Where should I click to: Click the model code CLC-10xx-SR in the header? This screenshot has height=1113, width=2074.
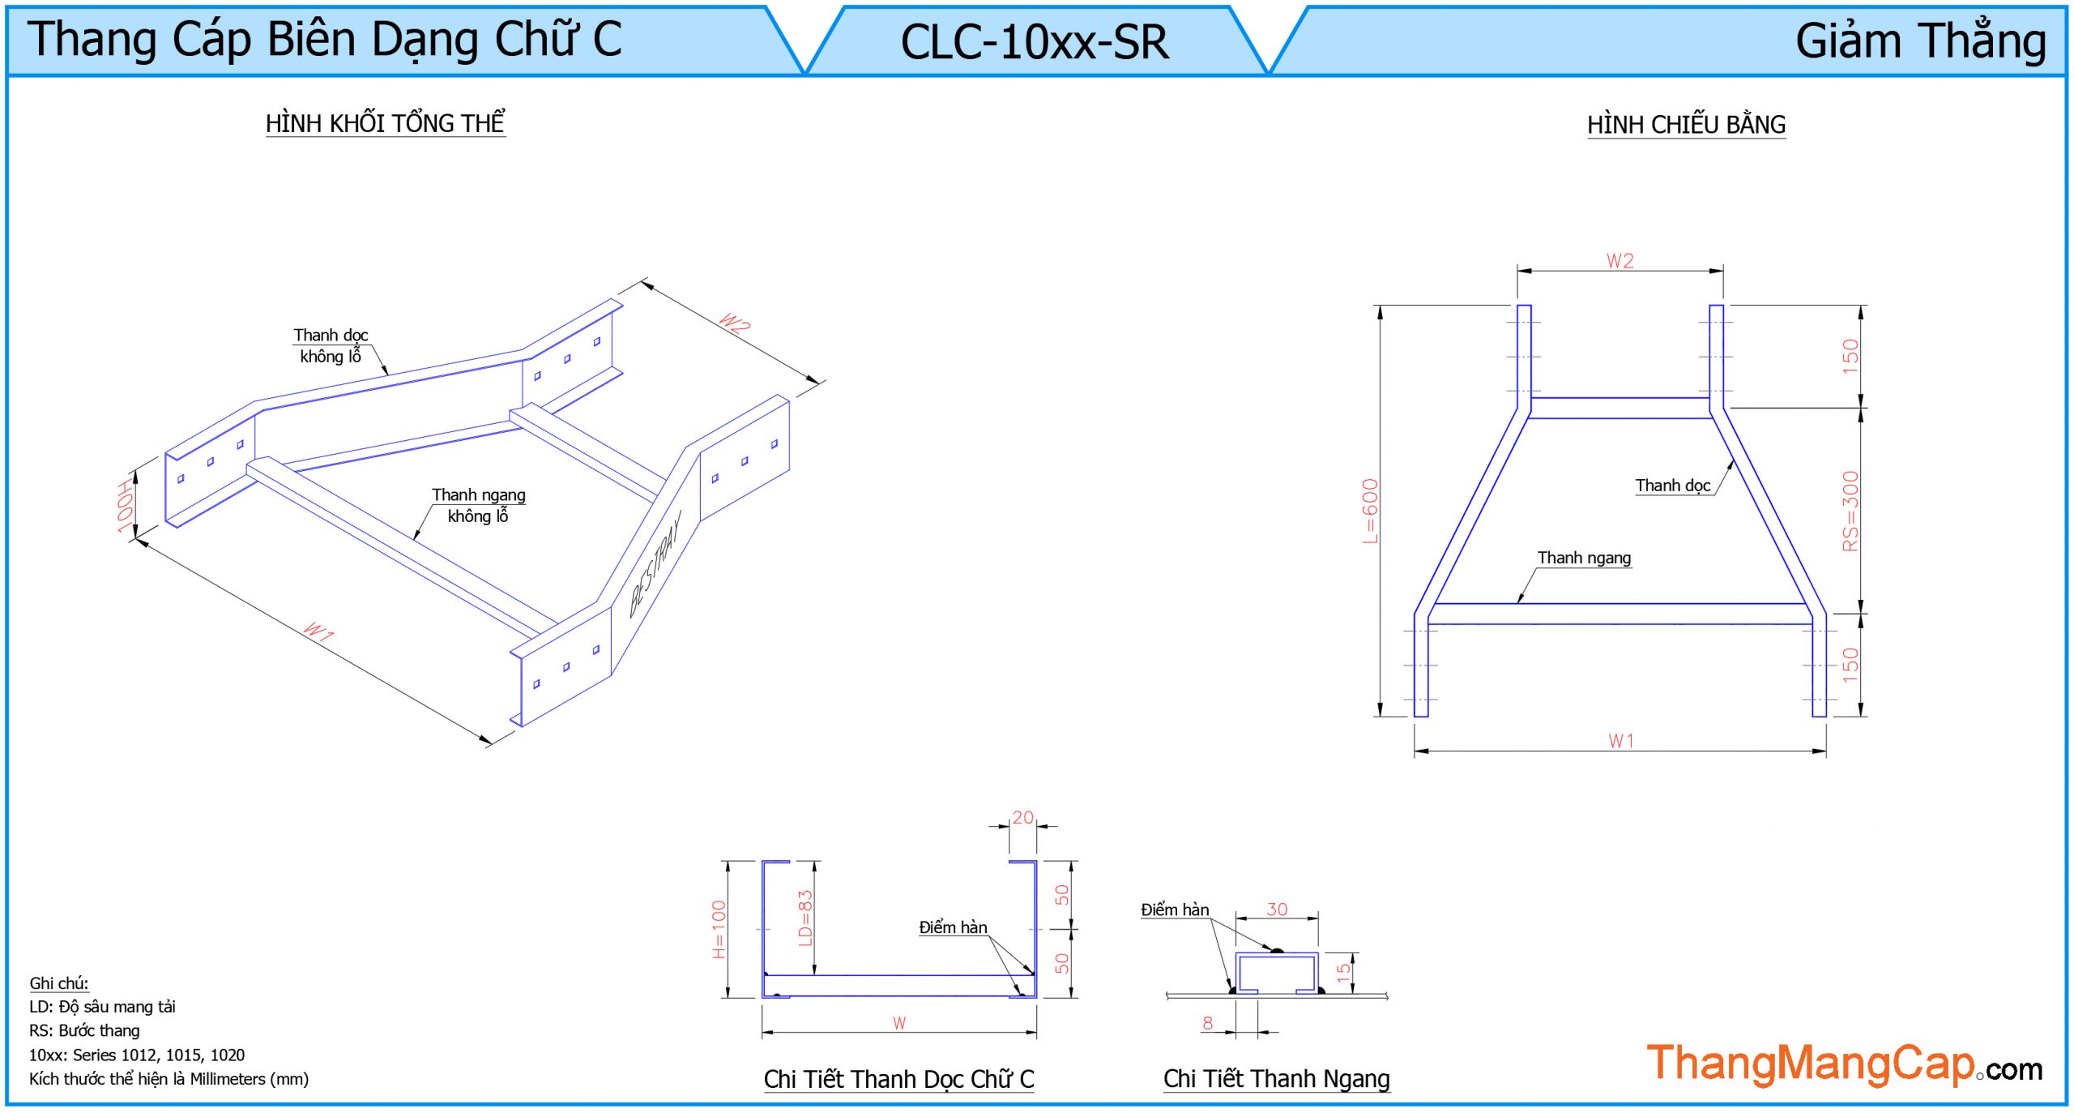click(x=1035, y=42)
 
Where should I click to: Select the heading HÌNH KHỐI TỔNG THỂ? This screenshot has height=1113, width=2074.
click(x=385, y=123)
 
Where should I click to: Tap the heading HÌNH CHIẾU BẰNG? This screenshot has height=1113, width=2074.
click(x=1686, y=125)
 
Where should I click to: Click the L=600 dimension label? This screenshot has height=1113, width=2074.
click(x=1369, y=511)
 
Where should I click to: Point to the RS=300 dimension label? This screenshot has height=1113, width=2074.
click(x=1850, y=511)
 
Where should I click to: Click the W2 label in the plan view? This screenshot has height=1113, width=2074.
click(x=1620, y=261)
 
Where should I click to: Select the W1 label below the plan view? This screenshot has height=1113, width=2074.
click(x=1621, y=741)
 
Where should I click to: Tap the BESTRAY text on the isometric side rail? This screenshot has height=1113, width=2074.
click(x=655, y=563)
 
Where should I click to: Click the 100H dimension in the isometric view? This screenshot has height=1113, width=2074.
click(x=125, y=507)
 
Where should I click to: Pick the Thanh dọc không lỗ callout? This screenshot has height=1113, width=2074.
click(x=331, y=346)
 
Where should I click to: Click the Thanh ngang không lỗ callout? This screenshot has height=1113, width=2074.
click(x=478, y=505)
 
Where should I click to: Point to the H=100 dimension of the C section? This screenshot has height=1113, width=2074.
click(x=719, y=929)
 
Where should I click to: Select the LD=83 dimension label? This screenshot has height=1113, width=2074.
click(x=804, y=918)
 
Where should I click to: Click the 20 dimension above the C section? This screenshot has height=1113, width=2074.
click(x=1022, y=817)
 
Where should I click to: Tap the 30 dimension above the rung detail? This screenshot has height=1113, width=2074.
click(x=1277, y=910)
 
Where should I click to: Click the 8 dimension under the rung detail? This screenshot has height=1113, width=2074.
click(x=1208, y=1023)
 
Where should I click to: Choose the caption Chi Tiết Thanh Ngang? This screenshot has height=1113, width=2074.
click(x=1276, y=1079)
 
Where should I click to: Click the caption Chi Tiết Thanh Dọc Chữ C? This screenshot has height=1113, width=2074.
click(x=898, y=1079)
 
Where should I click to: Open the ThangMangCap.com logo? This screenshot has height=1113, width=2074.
click(x=1844, y=1064)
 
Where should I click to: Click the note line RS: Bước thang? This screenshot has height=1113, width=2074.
click(x=84, y=1030)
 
